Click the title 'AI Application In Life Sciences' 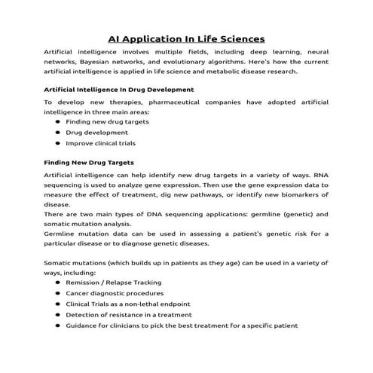click(x=186, y=38)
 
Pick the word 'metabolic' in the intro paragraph click(x=219, y=72)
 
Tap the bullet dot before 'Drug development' click(x=58, y=132)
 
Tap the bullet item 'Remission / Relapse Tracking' click(x=113, y=282)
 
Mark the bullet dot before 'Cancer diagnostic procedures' click(x=58, y=293)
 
